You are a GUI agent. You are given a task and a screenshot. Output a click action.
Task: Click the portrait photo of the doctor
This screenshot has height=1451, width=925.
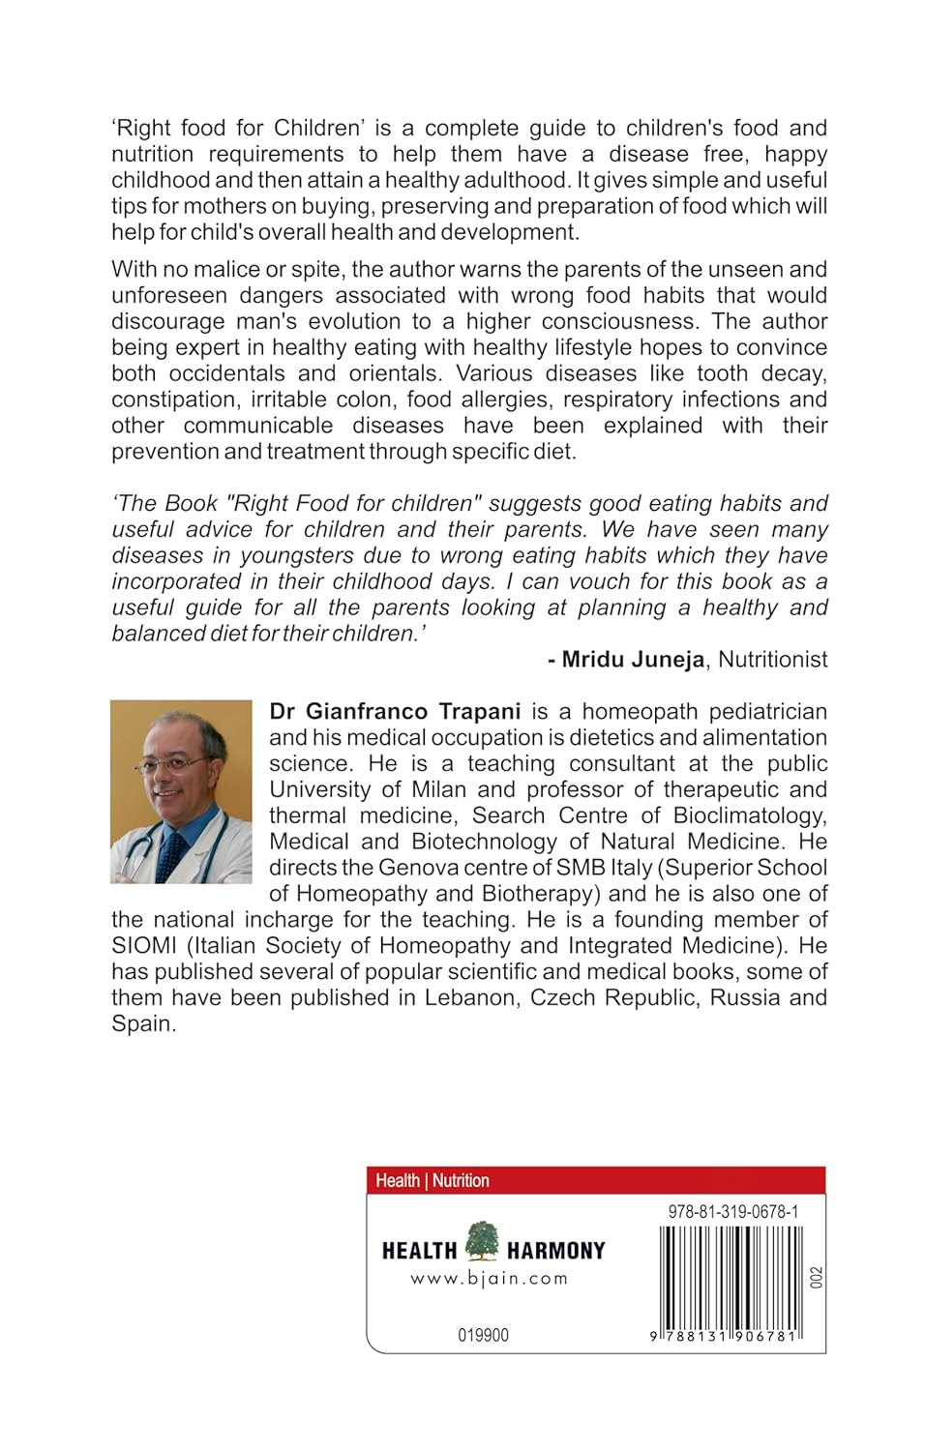(181, 791)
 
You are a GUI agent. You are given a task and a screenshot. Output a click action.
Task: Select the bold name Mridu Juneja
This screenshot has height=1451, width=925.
(633, 660)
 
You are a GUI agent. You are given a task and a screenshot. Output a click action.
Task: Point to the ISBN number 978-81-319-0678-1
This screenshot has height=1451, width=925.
(732, 1211)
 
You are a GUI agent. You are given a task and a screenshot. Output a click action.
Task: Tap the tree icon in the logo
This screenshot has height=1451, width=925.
(482, 1242)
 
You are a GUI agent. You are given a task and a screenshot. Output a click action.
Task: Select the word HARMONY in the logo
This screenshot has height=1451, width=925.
(555, 1251)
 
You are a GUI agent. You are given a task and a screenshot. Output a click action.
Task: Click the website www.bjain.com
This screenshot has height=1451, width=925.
(489, 1279)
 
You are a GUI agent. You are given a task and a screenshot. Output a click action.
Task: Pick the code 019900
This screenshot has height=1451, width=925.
(483, 1336)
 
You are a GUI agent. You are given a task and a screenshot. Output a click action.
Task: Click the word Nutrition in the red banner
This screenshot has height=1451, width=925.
(461, 1180)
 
